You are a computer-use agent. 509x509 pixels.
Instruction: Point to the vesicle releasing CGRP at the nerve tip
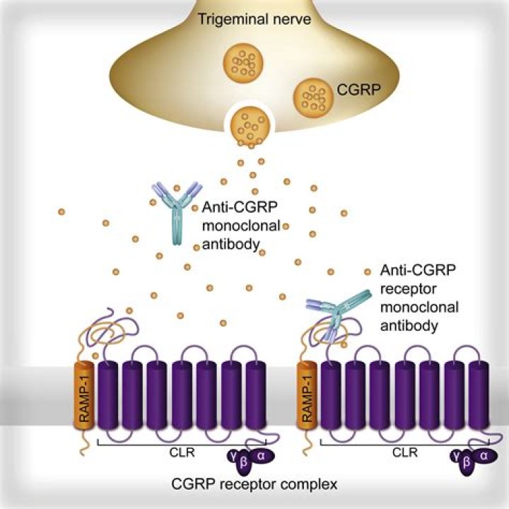point(249,125)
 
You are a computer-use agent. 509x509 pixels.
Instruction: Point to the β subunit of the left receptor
point(248,467)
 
